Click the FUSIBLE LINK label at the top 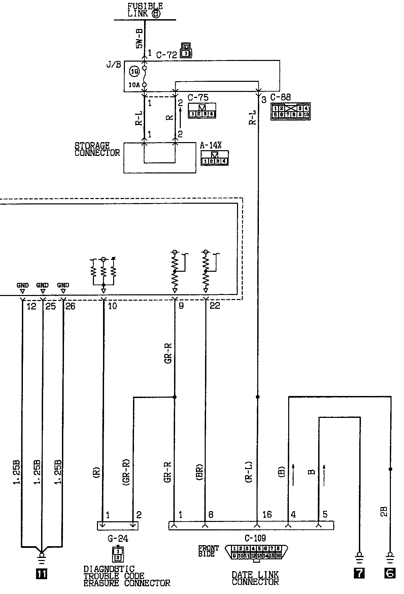pos(145,10)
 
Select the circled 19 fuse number pos(134,71)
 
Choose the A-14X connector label pos(211,145)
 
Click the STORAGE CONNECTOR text pos(97,149)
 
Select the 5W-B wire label pos(139,38)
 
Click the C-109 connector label pos(255,538)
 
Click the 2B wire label pos(384,511)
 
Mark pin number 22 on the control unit pos(214,306)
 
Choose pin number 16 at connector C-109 pos(267,515)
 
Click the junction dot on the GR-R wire pos(174,397)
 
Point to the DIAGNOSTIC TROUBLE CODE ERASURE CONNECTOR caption pos(127,576)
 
